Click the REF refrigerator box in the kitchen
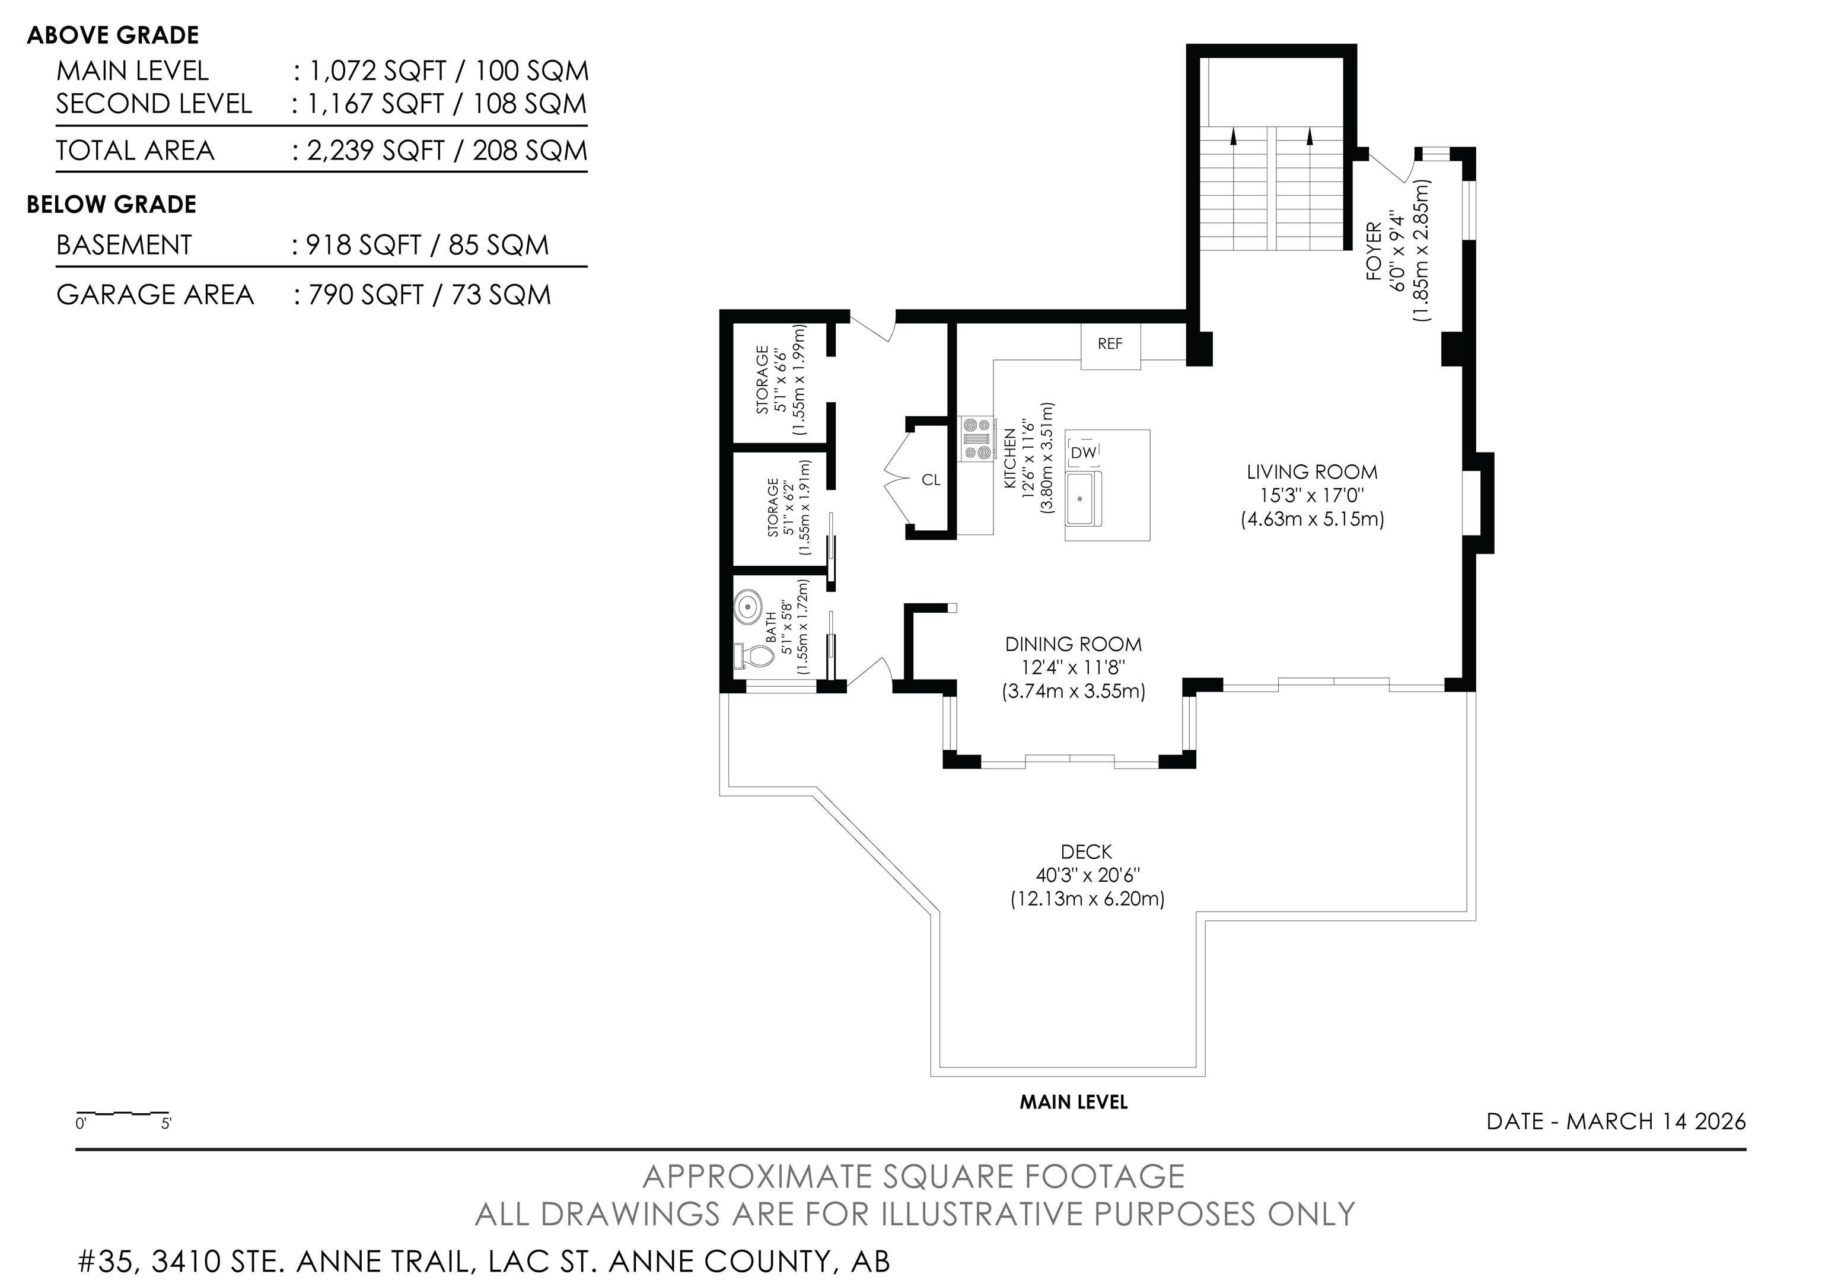click(1110, 345)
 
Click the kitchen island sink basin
click(1083, 498)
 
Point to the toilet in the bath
click(754, 656)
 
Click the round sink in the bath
click(747, 608)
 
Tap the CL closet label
click(931, 480)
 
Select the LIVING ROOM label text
click(1312, 472)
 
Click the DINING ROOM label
click(1073, 644)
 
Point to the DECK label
click(1087, 852)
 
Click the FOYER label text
click(1374, 251)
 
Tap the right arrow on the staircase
click(1310, 137)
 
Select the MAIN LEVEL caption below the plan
click(1073, 1101)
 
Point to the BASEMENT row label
click(124, 244)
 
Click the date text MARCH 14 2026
click(1655, 1121)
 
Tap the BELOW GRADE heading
click(111, 205)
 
